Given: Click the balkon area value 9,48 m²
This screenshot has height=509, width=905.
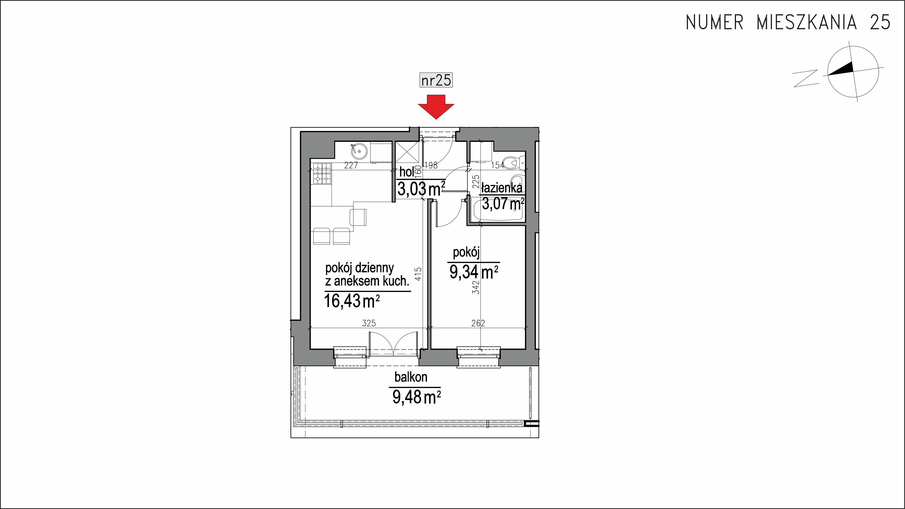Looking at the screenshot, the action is pyautogui.click(x=417, y=397).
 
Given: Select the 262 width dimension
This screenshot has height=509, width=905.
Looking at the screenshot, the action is pyautogui.click(x=478, y=323).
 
